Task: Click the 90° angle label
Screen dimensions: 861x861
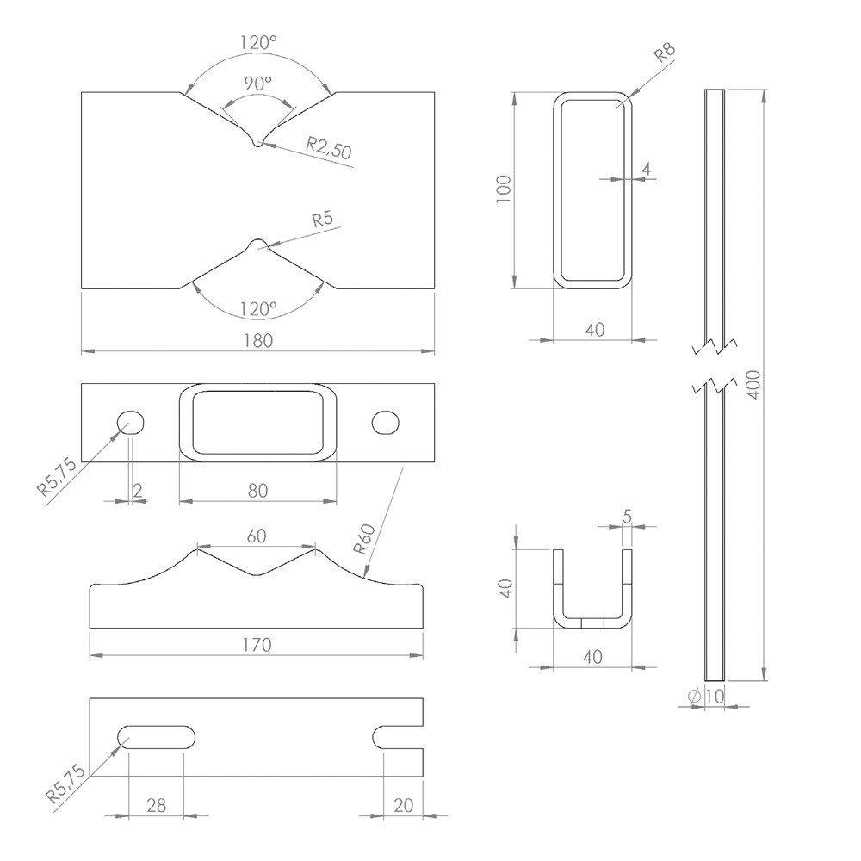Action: (x=257, y=84)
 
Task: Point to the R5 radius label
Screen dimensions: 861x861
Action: (x=322, y=219)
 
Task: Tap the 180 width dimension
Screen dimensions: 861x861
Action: (x=257, y=340)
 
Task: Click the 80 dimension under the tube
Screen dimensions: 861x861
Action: (x=257, y=490)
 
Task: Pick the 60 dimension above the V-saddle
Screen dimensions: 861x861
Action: (x=257, y=535)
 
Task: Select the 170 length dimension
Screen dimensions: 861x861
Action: (x=257, y=644)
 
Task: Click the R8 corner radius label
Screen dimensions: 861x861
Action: (x=665, y=54)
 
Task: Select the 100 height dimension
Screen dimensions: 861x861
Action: (x=505, y=189)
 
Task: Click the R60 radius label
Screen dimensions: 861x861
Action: (x=362, y=538)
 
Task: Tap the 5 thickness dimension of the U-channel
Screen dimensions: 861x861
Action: (x=627, y=516)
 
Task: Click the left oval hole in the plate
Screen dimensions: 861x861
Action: (x=131, y=422)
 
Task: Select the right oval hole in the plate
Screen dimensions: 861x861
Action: (x=386, y=422)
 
